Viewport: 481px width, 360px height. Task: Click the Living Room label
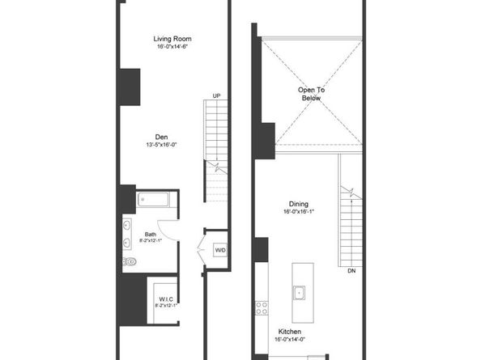[172, 39]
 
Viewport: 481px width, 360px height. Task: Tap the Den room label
[161, 137]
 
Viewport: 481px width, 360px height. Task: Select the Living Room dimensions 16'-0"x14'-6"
[172, 47]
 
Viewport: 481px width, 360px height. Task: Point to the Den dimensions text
[161, 145]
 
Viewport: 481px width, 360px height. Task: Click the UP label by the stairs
[216, 96]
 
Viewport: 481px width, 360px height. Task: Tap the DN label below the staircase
[351, 271]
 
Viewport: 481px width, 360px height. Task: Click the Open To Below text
[312, 94]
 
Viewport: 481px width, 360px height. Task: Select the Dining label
[299, 204]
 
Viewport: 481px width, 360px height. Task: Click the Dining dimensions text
[299, 211]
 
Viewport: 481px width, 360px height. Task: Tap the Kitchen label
[290, 332]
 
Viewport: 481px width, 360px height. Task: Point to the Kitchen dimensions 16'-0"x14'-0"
[290, 339]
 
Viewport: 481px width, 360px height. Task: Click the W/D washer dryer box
[220, 250]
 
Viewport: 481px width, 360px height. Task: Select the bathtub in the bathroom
[153, 200]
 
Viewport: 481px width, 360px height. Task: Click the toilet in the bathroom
[130, 261]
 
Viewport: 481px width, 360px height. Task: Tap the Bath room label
[151, 235]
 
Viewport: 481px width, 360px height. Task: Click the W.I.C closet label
[166, 299]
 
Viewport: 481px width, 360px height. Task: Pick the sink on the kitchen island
[299, 293]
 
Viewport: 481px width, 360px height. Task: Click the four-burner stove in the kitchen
[262, 308]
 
